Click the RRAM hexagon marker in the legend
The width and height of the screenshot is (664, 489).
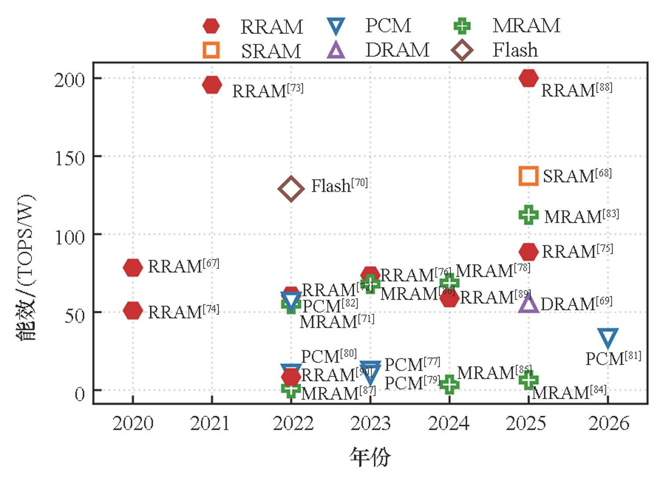point(211,26)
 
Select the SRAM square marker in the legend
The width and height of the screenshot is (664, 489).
point(211,50)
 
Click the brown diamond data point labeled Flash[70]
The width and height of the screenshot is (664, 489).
point(291,189)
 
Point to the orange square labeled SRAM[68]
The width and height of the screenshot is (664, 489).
point(528,176)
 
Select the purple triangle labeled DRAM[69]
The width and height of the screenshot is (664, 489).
point(528,303)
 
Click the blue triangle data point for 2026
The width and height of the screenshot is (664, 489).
point(608,338)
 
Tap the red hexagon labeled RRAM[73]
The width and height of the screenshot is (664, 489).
point(212,85)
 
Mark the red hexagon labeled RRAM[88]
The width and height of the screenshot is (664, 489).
point(528,78)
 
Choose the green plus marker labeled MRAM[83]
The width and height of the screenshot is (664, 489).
point(528,215)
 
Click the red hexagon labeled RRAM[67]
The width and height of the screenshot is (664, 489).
point(133,267)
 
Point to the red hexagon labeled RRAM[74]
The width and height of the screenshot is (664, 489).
point(133,311)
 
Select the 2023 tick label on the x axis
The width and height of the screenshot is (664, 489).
point(371,423)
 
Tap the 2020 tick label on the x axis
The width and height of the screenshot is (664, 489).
point(133,423)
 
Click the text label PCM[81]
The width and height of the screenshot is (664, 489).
point(613,358)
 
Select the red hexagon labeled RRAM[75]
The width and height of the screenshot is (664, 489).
point(528,252)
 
